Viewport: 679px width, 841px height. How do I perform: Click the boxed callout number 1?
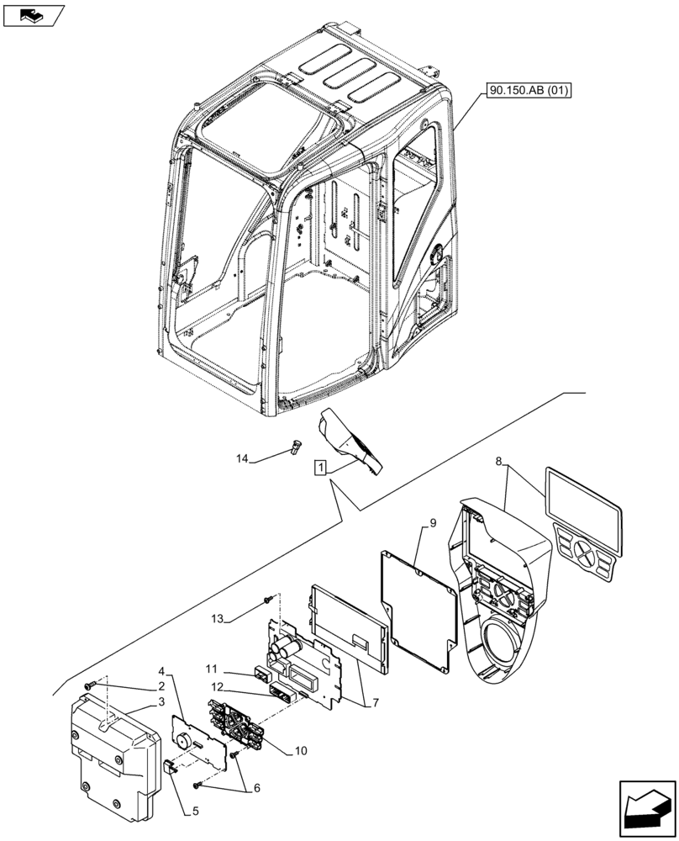pos(320,468)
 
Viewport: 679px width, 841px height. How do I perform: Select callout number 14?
pos(243,458)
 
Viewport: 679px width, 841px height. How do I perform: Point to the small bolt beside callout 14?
pos(295,447)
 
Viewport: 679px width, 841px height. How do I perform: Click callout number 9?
pos(432,523)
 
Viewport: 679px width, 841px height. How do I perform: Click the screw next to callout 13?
pos(267,599)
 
